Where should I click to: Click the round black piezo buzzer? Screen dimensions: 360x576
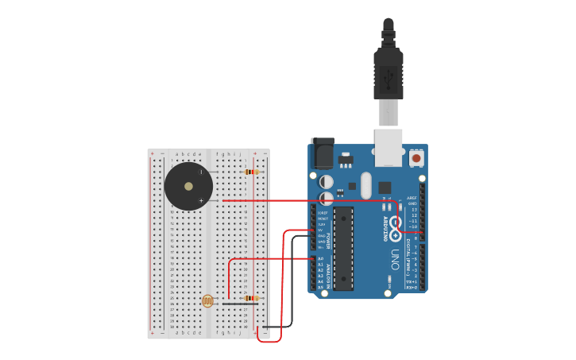188,186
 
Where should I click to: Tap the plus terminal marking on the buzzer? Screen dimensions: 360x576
201,200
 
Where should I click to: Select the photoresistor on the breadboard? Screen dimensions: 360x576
207,300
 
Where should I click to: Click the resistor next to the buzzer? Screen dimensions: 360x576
251,172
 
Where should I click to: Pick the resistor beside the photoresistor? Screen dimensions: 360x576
251,298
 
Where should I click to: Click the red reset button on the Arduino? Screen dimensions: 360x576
417,158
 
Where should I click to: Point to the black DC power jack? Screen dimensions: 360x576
323,153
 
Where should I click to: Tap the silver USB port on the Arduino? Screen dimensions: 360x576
388,148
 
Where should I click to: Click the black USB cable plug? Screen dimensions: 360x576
388,75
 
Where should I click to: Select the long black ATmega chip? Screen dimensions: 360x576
343,248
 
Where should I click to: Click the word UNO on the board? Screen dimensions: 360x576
395,259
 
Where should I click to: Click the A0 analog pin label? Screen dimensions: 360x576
321,259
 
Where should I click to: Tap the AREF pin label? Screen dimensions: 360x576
412,198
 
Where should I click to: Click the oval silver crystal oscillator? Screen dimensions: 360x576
365,186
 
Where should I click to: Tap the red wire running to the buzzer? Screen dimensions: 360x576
310,201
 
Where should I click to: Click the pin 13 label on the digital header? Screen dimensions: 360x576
412,209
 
